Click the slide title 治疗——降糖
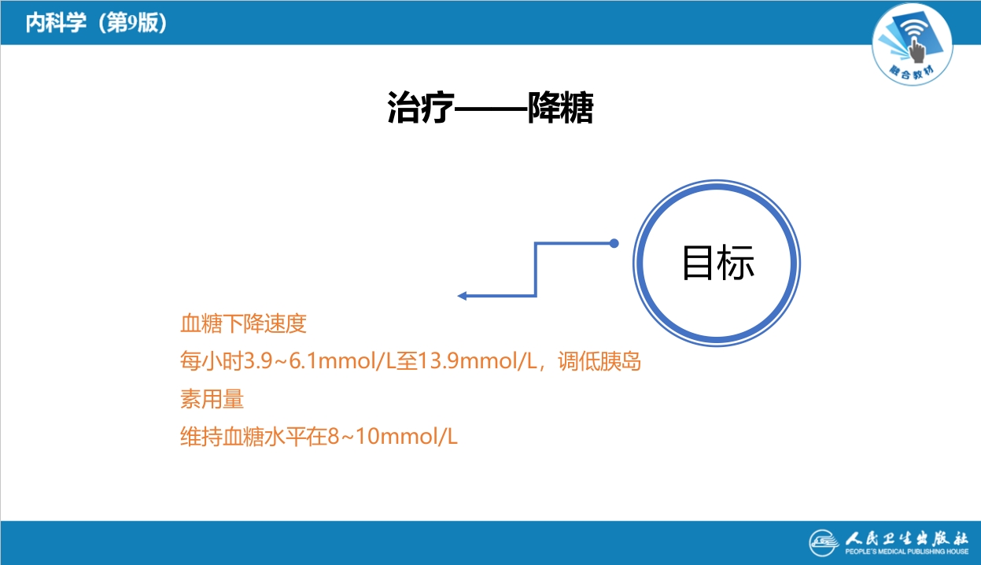tap(489, 109)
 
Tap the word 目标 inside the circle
tap(717, 263)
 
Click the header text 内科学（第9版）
tap(95, 23)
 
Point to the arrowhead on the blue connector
tap(463, 296)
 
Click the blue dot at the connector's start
tap(614, 243)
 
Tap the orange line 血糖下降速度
tap(242, 323)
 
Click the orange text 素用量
tap(212, 399)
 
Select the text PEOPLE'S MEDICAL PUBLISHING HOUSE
tap(906, 553)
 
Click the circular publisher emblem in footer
tap(825, 543)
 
